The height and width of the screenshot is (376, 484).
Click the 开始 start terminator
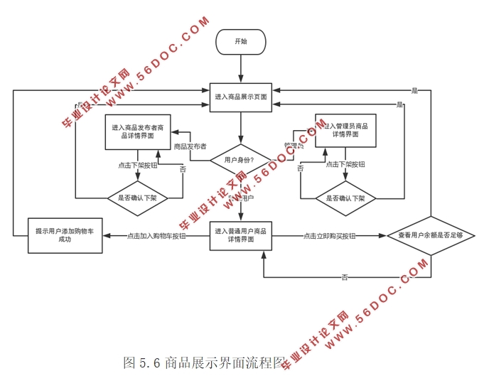(x=241, y=42)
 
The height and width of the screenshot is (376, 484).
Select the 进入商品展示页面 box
(x=241, y=96)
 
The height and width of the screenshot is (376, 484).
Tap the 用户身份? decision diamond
(x=240, y=160)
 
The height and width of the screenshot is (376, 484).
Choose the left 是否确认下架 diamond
(x=136, y=198)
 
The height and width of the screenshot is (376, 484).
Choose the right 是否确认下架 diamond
(x=345, y=198)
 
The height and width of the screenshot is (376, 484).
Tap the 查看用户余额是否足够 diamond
(x=429, y=235)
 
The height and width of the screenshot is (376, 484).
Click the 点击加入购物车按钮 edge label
(x=157, y=236)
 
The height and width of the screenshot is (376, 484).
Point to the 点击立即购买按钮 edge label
(x=329, y=236)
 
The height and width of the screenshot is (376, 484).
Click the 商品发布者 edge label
(x=190, y=146)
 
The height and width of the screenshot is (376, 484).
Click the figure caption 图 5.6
(x=205, y=362)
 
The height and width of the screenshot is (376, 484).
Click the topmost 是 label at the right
(x=414, y=90)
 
